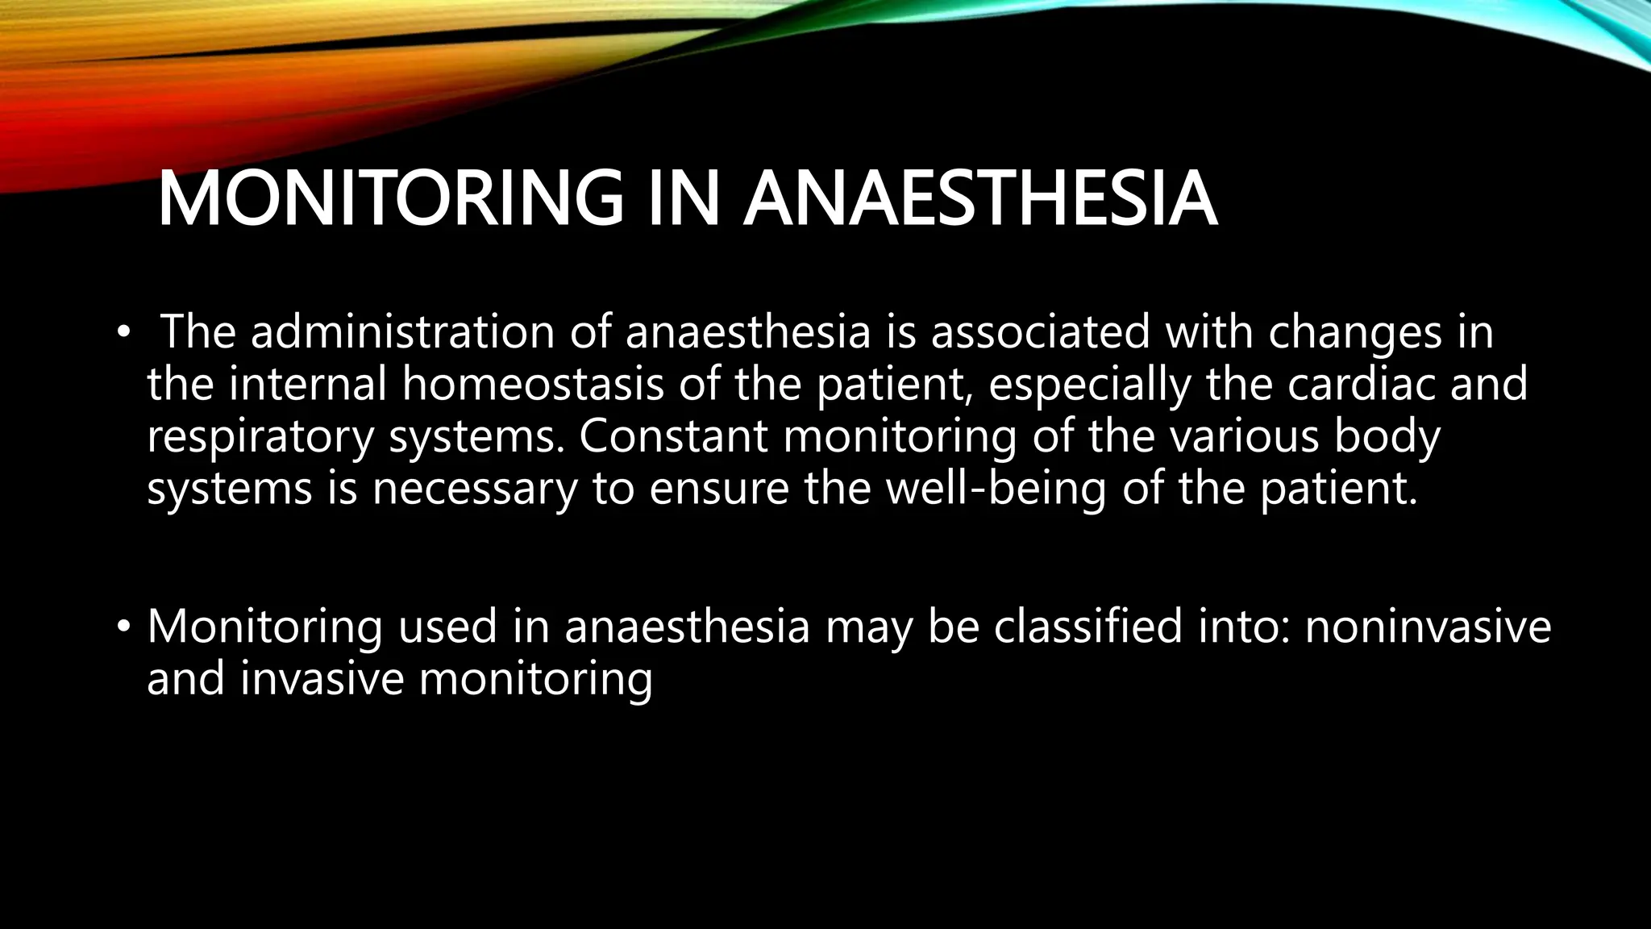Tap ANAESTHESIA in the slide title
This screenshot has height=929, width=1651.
(x=979, y=198)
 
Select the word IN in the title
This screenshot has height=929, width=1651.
(x=684, y=198)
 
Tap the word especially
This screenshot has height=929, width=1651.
(x=1089, y=385)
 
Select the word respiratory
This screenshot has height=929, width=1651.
(x=260, y=438)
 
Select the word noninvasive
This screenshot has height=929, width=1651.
(x=1428, y=627)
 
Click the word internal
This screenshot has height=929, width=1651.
(x=308, y=384)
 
